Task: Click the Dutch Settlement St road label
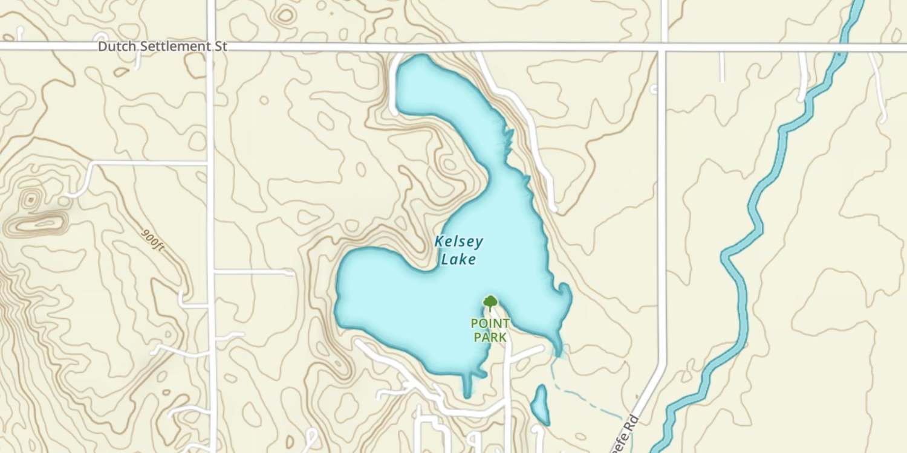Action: tap(163, 47)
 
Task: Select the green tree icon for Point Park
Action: tap(490, 301)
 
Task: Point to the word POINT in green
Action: tap(490, 324)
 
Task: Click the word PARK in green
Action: tap(490, 337)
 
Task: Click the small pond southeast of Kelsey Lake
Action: tap(539, 405)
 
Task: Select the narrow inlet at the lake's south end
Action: tap(467, 387)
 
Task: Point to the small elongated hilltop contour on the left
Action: tap(36, 225)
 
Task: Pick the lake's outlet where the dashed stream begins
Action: tap(556, 353)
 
